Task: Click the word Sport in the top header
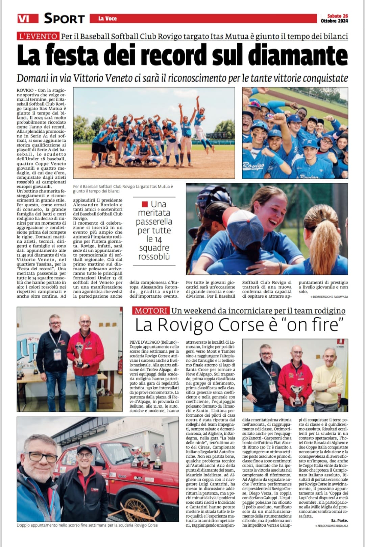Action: pos(64,19)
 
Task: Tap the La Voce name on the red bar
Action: pos(107,19)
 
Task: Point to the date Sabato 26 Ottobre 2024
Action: pos(334,18)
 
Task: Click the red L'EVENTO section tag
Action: pos(38,36)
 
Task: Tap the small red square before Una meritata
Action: pos(145,204)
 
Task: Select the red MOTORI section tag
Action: pos(151,311)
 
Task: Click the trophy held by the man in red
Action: pos(80,355)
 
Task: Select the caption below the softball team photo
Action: pos(123,189)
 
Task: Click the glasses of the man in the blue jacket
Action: pos(41,458)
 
